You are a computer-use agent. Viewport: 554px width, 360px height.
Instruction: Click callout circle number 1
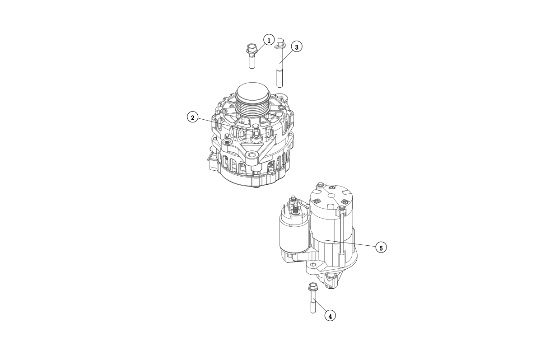point(269,40)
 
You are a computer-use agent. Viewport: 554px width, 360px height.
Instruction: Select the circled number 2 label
point(193,117)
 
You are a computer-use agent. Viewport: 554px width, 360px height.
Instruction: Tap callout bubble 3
point(297,47)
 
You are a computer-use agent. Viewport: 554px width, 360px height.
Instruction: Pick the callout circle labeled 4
point(330,316)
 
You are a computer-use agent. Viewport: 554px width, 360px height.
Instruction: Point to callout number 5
point(381,248)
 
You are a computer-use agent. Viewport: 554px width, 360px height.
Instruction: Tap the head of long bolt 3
point(280,43)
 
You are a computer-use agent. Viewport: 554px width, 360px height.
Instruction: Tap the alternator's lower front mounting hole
point(252,155)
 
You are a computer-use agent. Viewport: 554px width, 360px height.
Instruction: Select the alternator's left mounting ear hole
point(227,142)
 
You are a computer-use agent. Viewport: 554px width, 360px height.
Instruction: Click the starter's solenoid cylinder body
point(294,234)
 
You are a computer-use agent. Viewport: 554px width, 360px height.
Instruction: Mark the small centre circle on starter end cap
point(331,196)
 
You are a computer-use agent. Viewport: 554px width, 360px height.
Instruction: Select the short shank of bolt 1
point(252,61)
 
